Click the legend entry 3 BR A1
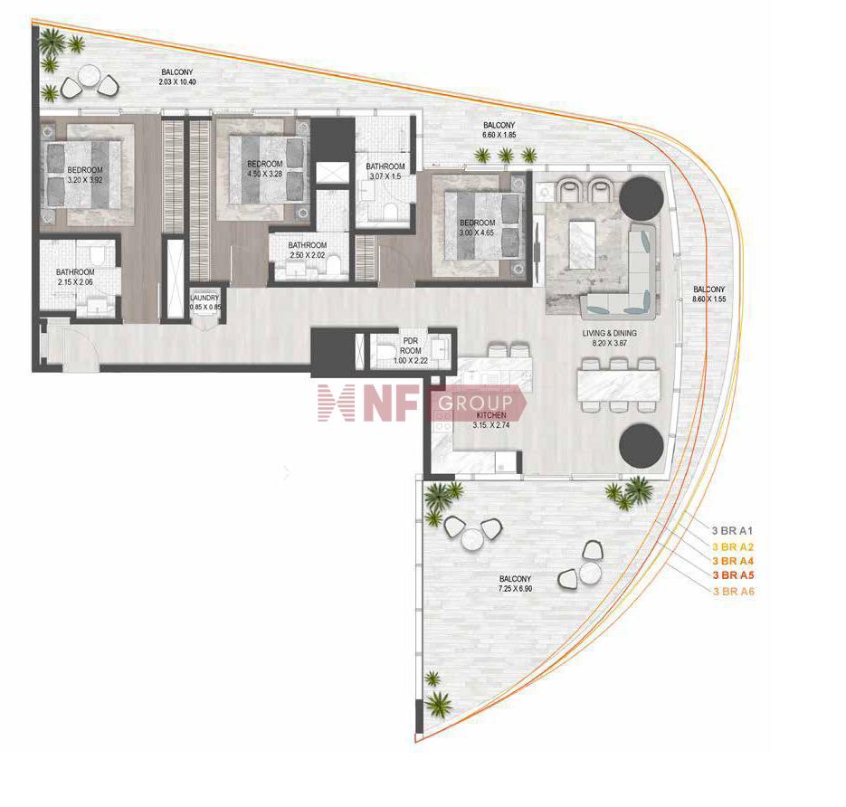pos(732,531)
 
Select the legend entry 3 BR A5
pos(733,575)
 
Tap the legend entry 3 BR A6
pos(733,591)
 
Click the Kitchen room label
pos(491,415)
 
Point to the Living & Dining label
pos(610,333)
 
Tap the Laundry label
pos(205,298)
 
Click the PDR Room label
pos(411,346)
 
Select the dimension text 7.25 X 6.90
pos(515,589)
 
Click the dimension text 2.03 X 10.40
pos(177,82)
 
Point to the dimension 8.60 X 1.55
pos(709,299)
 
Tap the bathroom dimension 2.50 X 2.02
pos(307,255)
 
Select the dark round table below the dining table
pos(641,446)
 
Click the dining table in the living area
pos(619,385)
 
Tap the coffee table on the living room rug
pos(582,245)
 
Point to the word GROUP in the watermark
pos(475,403)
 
